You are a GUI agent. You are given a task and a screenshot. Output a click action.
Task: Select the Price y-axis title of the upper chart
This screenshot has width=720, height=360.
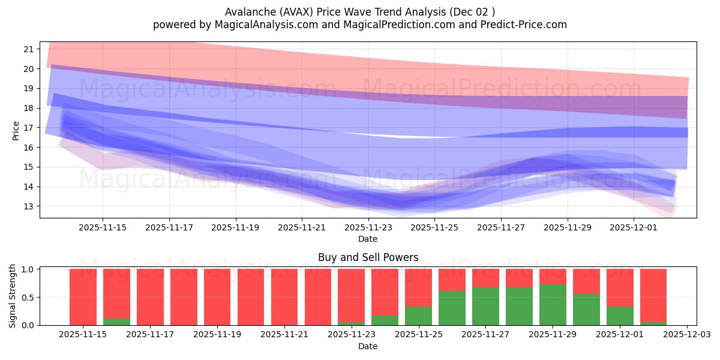(16, 131)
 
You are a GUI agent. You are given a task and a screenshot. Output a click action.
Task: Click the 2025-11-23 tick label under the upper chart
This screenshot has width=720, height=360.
(368, 227)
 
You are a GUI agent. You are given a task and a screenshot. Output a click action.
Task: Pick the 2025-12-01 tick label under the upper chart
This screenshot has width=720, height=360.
(634, 227)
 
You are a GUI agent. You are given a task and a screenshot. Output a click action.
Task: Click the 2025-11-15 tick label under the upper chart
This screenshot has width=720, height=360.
(102, 227)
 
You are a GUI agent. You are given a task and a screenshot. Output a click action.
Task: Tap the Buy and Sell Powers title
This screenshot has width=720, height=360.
(368, 257)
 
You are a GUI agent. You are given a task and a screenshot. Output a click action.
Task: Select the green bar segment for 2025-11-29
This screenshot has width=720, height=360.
(553, 305)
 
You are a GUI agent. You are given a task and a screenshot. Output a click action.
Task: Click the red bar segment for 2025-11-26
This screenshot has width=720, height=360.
(452, 280)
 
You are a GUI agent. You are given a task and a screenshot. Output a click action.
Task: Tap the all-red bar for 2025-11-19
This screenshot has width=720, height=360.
(217, 297)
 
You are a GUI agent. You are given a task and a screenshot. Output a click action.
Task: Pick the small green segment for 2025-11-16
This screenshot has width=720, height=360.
(116, 322)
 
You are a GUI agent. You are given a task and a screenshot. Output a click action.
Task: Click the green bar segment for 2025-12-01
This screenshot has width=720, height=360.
(620, 316)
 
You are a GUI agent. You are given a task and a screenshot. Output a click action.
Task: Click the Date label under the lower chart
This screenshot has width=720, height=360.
(368, 346)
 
